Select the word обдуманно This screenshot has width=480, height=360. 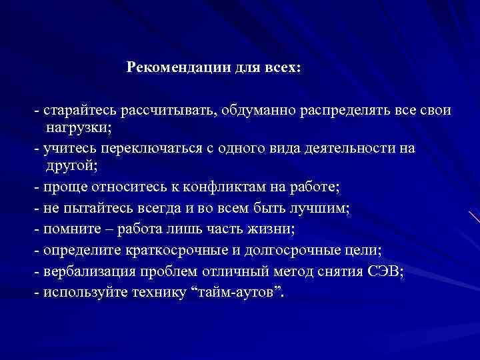click(x=259, y=109)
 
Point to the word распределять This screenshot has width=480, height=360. click(x=347, y=109)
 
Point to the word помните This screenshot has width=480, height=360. click(x=67, y=229)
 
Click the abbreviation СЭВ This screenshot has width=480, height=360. click(x=385, y=271)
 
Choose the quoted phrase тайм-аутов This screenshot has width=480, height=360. click(x=237, y=293)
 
